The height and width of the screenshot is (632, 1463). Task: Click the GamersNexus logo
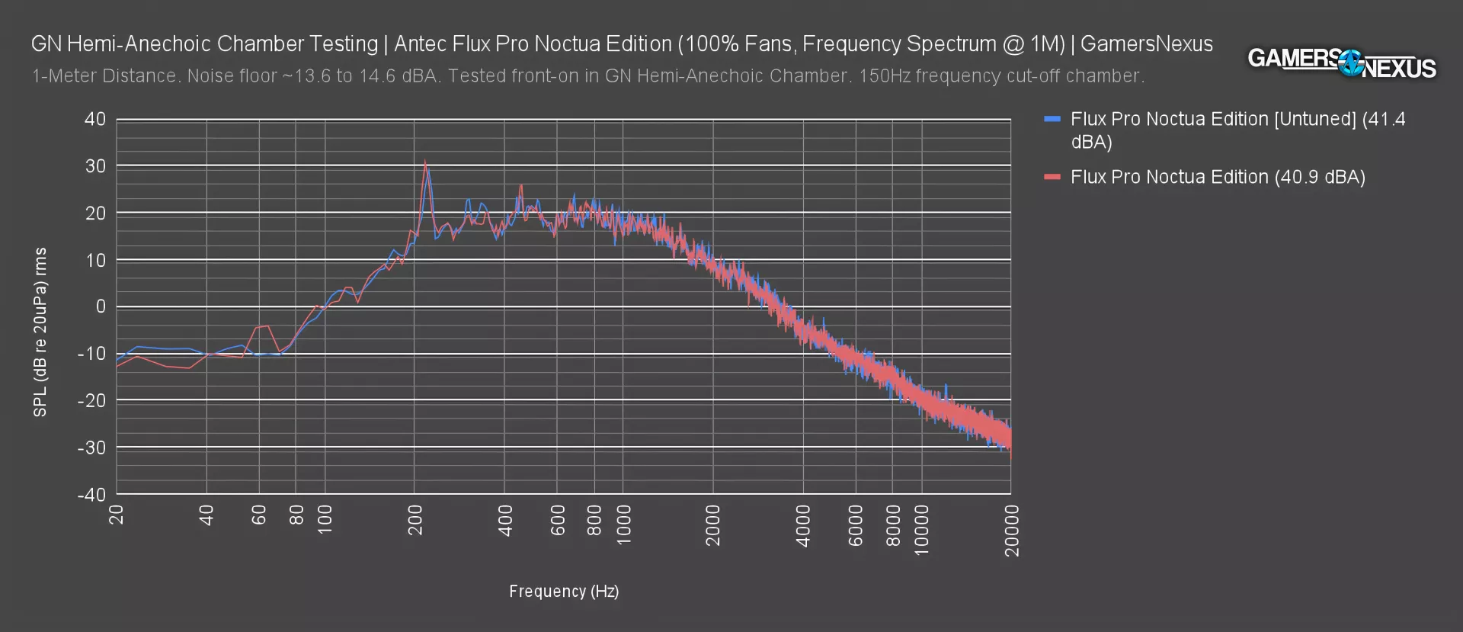(1341, 63)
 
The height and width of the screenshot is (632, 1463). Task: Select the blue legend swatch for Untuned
(1052, 119)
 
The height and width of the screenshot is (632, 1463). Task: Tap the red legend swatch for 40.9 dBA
(1052, 177)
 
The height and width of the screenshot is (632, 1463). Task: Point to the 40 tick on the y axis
(95, 119)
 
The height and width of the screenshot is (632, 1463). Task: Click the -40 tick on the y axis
(91, 494)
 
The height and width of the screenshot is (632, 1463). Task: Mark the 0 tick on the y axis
(100, 306)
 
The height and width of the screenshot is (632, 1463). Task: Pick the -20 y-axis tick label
(91, 400)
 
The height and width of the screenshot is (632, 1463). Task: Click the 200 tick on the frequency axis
(415, 520)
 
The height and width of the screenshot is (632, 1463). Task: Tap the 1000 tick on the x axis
(623, 525)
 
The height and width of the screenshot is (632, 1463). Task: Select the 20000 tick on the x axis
(1011, 530)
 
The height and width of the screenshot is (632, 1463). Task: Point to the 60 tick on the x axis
(259, 515)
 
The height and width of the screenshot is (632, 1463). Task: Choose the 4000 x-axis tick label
(803, 525)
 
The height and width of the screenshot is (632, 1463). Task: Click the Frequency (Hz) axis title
(564, 591)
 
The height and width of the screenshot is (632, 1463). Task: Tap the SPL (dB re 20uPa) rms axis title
(40, 332)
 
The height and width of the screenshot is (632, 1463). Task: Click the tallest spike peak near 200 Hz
(425, 162)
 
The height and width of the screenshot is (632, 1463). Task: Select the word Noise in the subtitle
(207, 76)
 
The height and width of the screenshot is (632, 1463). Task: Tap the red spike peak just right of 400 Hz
(521, 185)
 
